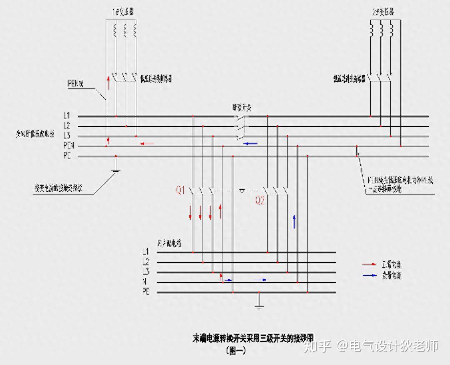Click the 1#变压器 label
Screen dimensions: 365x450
tap(123, 12)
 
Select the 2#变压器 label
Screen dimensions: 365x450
tap(382, 12)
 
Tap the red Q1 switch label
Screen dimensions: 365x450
tap(181, 190)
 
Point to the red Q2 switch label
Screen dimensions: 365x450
tap(260, 201)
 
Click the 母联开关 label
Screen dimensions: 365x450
tap(242, 107)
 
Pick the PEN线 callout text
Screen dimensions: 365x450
tap(76, 83)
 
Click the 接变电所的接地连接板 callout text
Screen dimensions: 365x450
tap(58, 189)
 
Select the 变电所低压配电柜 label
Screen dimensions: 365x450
tap(35, 134)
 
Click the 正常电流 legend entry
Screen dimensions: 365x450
tap(391, 265)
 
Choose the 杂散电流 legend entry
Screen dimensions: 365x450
tap(391, 275)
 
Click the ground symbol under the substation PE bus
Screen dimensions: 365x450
tap(116, 170)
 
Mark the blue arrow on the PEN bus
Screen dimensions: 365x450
tap(251, 143)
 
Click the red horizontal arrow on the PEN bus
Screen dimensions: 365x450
tap(147, 143)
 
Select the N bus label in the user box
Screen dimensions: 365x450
tap(145, 282)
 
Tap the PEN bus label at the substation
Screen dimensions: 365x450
tap(69, 146)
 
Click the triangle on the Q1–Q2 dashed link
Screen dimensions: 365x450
tap(241, 192)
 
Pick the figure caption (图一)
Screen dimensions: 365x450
tap(236, 351)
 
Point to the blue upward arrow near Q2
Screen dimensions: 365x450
tap(294, 221)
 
